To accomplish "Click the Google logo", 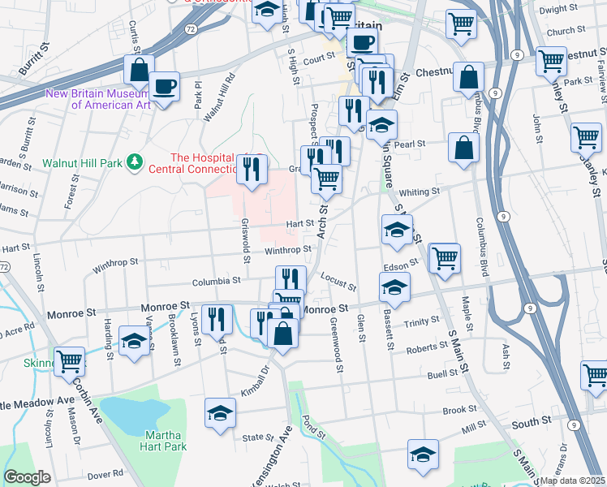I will click(27, 477).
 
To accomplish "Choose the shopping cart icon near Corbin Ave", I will click(69, 360).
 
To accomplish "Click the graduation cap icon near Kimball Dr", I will click(220, 412).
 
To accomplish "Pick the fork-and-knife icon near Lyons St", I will click(215, 317).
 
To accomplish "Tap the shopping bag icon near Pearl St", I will click(463, 149).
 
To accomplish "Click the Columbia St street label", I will click(216, 282).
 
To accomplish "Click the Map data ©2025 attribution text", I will click(571, 480).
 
